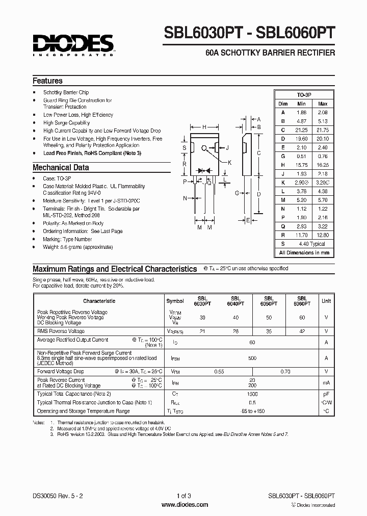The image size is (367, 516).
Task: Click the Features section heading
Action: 47,81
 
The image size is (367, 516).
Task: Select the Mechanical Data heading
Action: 61,167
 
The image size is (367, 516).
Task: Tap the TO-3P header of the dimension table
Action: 304,95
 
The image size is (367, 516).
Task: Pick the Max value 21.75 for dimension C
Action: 323,131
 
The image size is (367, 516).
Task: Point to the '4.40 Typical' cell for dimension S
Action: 312,244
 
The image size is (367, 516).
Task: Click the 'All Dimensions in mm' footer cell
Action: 304,252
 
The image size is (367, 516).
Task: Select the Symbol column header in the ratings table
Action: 175,301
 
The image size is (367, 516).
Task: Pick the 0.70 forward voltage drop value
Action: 286,372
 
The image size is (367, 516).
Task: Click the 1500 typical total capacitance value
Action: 252,394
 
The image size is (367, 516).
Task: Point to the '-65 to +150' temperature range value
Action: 252,410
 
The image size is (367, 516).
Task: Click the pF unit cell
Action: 326,394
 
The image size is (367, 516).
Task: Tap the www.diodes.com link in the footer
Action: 184,505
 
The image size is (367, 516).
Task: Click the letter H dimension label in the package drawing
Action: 204,127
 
